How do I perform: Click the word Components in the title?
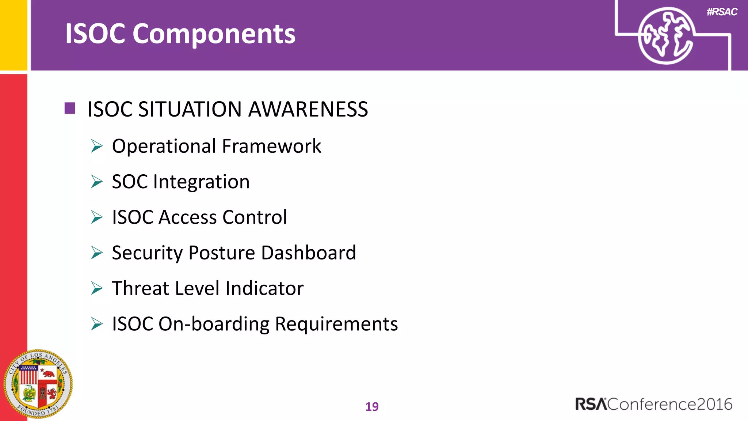tap(214, 34)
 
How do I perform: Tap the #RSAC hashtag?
tap(722, 12)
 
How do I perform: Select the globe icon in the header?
tap(666, 36)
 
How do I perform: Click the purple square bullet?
tap(70, 108)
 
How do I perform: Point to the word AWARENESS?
tap(308, 109)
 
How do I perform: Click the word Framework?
tap(271, 146)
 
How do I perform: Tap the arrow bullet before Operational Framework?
tap(97, 146)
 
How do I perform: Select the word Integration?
tap(201, 182)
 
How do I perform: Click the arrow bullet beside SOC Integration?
tap(97, 182)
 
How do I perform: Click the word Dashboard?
tap(309, 253)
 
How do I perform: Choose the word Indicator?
tap(264, 288)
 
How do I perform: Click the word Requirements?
tap(336, 324)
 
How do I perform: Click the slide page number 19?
tap(372, 406)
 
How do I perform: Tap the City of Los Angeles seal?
tap(38, 384)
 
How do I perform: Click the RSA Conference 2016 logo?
tap(653, 404)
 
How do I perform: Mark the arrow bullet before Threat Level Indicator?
tap(97, 288)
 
